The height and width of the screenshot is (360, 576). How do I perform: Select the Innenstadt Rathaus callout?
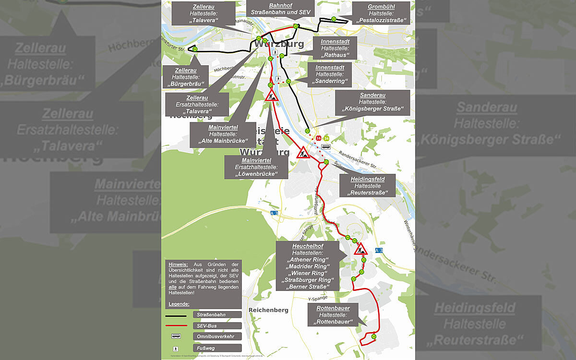pos(338,48)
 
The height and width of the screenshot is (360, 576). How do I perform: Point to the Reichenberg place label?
pos(268,310)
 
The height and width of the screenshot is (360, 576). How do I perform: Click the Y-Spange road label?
pos(318,298)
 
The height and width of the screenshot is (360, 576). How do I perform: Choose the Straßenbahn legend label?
pos(211,315)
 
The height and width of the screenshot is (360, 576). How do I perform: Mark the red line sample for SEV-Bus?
pos(176,326)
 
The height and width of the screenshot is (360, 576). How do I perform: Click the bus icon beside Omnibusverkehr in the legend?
pos(176,336)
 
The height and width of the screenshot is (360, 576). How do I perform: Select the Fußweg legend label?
pos(206,348)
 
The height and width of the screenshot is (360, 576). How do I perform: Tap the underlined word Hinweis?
pos(178,264)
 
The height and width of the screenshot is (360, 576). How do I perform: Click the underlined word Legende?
pos(179,304)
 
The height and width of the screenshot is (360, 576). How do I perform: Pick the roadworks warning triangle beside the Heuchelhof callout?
pos(360,249)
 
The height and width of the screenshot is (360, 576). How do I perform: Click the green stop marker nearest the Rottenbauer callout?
pos(373,337)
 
